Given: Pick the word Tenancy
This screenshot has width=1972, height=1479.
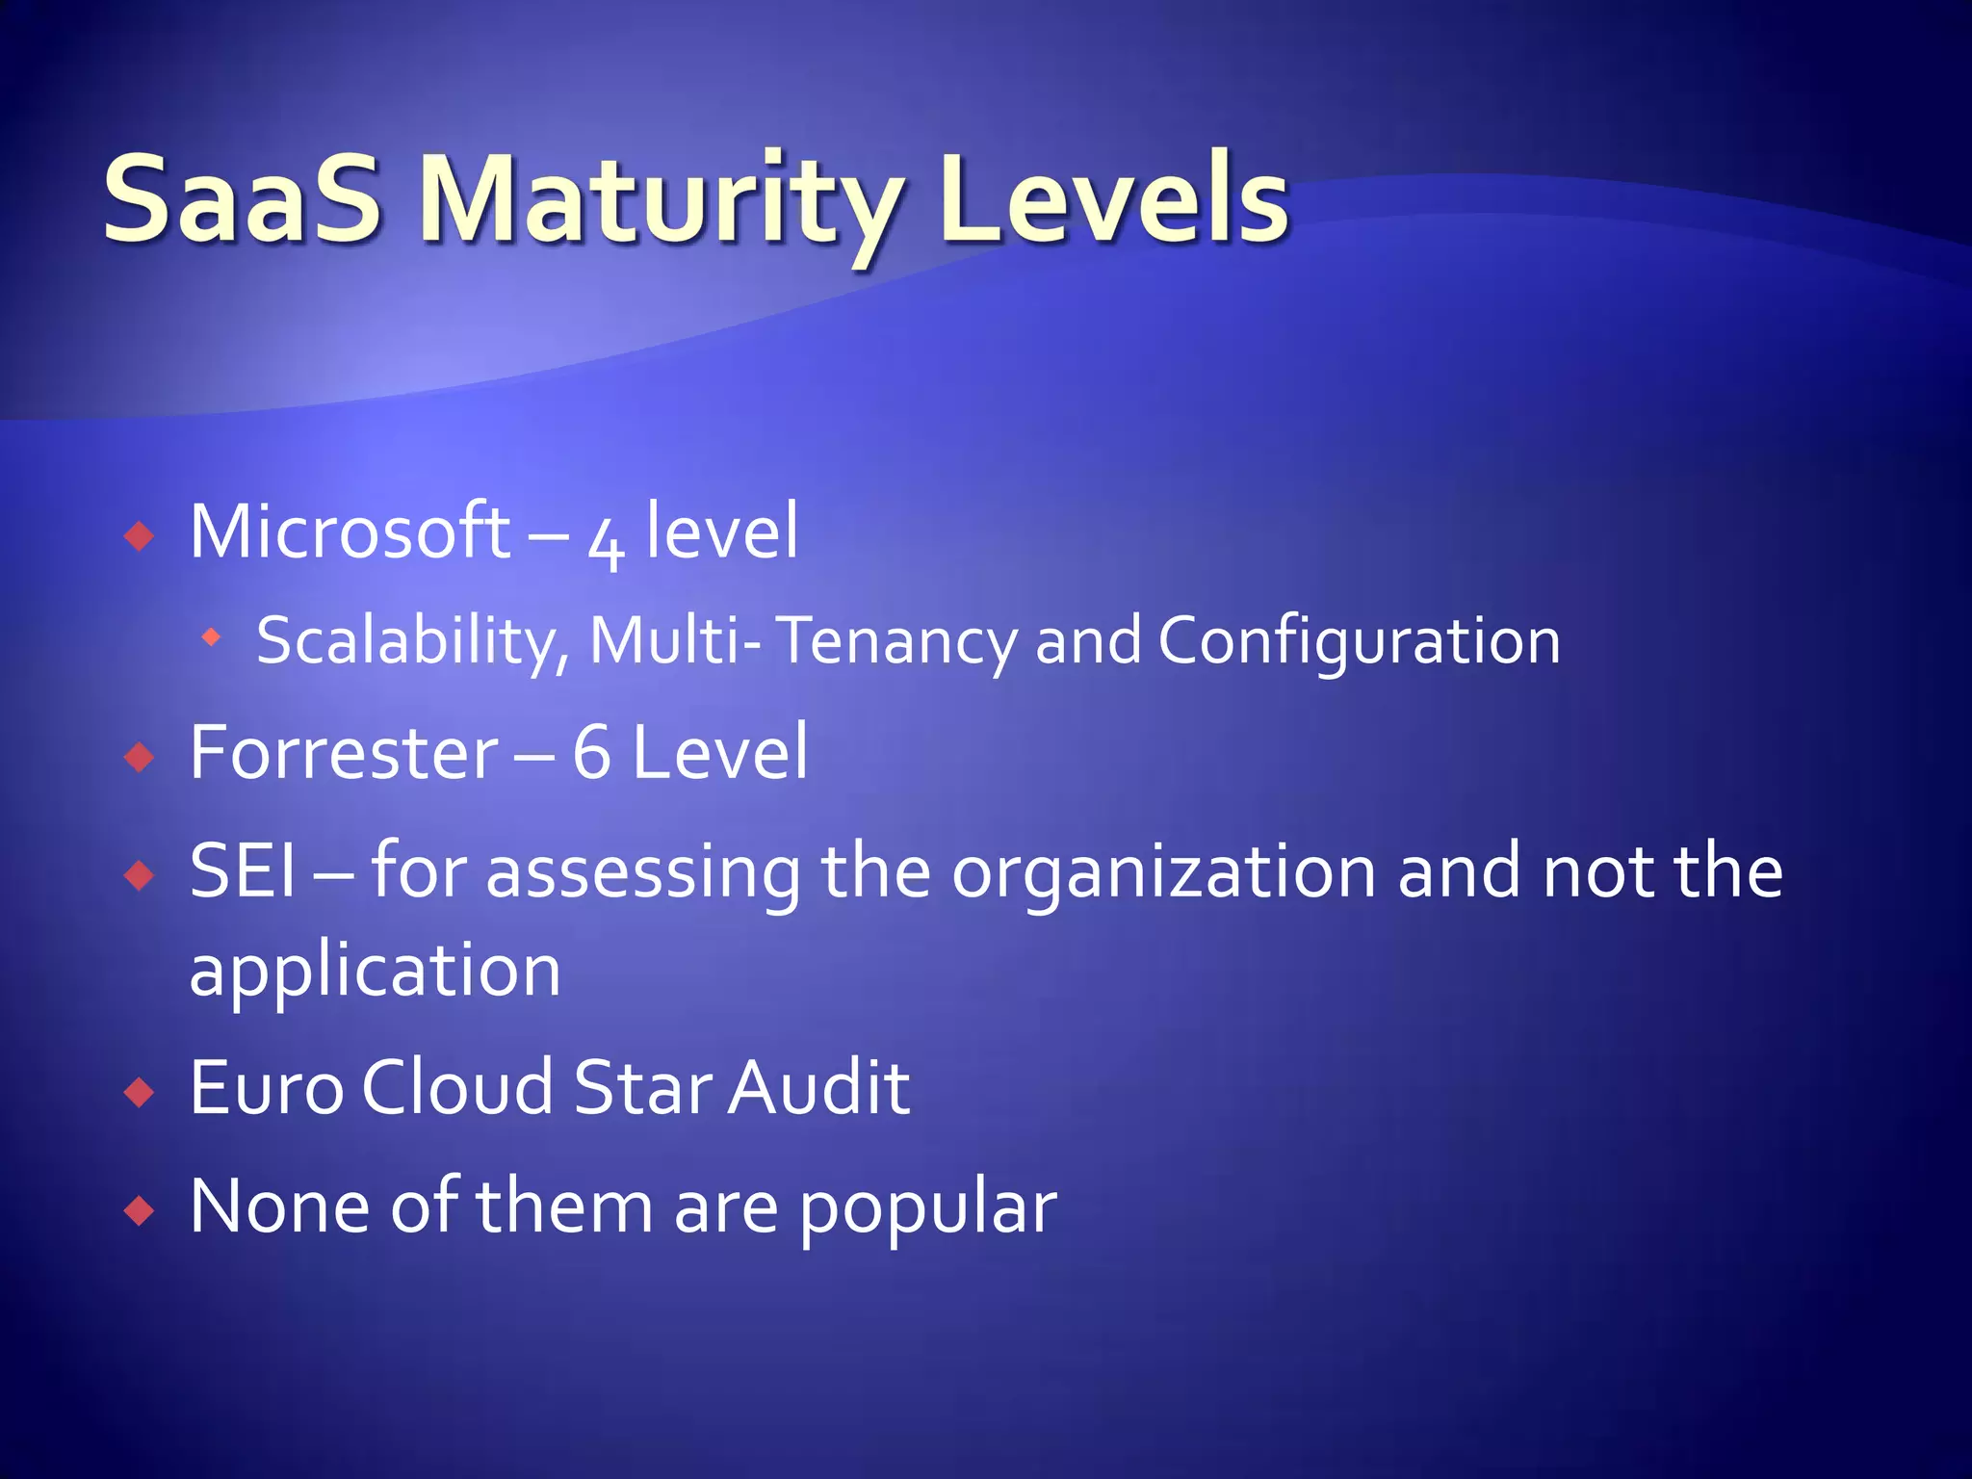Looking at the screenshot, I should pyautogui.click(x=896, y=641).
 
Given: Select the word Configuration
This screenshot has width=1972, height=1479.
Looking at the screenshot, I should pyautogui.click(x=1359, y=641).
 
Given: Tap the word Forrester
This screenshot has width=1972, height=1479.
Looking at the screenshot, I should pyautogui.click(x=344, y=752).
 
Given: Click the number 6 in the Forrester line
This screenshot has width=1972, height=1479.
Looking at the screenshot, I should pyautogui.click(x=591, y=752).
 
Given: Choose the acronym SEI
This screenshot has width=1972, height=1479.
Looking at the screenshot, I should pyautogui.click(x=242, y=870).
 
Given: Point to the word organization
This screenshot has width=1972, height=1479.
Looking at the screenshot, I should pyautogui.click(x=1164, y=872).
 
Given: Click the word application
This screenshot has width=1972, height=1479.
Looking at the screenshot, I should pyautogui.click(x=375, y=971).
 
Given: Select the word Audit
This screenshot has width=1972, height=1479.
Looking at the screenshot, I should pyautogui.click(x=818, y=1087).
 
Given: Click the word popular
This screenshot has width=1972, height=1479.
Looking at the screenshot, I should pyautogui.click(x=927, y=1207).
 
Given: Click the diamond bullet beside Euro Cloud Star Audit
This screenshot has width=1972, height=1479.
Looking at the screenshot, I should pyautogui.click(x=140, y=1092).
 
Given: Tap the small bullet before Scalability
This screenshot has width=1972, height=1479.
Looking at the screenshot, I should pyautogui.click(x=211, y=636).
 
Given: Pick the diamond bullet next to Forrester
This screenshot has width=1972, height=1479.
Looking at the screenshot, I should pyautogui.click(x=140, y=757).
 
